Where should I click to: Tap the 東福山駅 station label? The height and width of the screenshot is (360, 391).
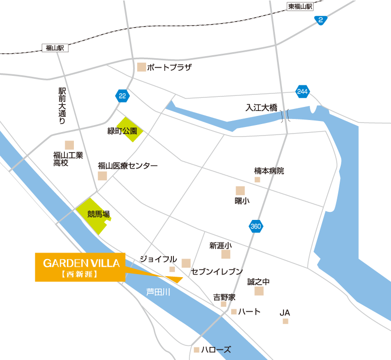pyautogui.click(x=300, y=7)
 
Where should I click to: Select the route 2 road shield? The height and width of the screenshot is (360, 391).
pyautogui.click(x=321, y=20)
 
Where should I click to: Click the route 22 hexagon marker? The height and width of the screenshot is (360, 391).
pyautogui.click(x=122, y=95)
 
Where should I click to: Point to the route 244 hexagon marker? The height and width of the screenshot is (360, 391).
pyautogui.click(x=302, y=91)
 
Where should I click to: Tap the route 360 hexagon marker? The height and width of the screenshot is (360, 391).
pyautogui.click(x=256, y=227)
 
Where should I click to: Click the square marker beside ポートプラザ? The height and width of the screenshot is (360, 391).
pyautogui.click(x=142, y=67)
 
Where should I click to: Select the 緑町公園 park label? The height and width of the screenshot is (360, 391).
pyautogui.click(x=126, y=131)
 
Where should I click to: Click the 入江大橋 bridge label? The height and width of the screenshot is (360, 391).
pyautogui.click(x=261, y=107)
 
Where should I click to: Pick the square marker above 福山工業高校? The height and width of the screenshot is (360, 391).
pyautogui.click(x=69, y=145)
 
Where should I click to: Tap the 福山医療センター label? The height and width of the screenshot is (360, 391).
pyautogui.click(x=128, y=166)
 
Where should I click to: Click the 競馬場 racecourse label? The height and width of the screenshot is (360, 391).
pyautogui.click(x=99, y=214)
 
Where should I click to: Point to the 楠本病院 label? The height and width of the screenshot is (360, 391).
pyautogui.click(x=269, y=171)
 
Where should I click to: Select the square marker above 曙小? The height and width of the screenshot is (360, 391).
pyautogui.click(x=240, y=190)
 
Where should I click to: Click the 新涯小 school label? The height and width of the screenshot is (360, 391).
pyautogui.click(x=221, y=246)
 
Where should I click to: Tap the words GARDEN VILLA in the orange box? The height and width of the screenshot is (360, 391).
pyautogui.click(x=81, y=263)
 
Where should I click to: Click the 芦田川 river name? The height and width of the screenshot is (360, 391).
pyautogui.click(x=158, y=291)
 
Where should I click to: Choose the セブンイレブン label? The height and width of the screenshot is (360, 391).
pyautogui.click(x=217, y=272)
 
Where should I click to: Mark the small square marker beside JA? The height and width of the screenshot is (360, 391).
pyautogui.click(x=285, y=321)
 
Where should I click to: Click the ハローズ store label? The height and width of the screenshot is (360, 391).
pyautogui.click(x=216, y=349)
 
